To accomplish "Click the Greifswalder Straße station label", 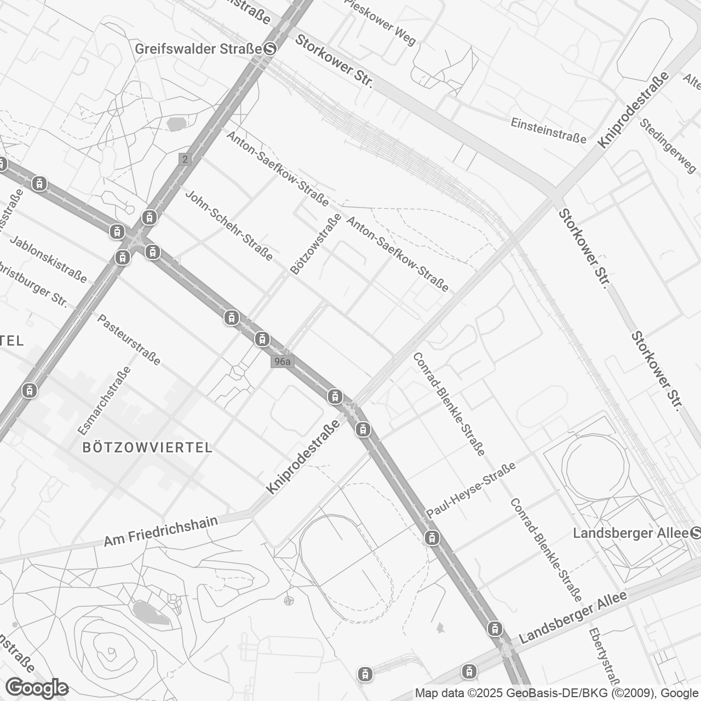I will [198, 49].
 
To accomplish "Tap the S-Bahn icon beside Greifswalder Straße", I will [269, 49].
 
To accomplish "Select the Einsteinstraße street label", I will [548, 130].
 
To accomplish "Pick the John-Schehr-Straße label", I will [229, 225].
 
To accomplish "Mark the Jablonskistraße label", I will [48, 260].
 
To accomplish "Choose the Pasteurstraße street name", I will [129, 340].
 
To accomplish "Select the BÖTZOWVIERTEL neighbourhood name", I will [147, 447].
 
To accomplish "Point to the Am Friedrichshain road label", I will [161, 531].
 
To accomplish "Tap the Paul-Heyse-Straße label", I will [471, 491].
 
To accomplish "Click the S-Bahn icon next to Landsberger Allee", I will [696, 532].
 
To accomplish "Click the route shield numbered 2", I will [185, 159].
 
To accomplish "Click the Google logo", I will [37, 687].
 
